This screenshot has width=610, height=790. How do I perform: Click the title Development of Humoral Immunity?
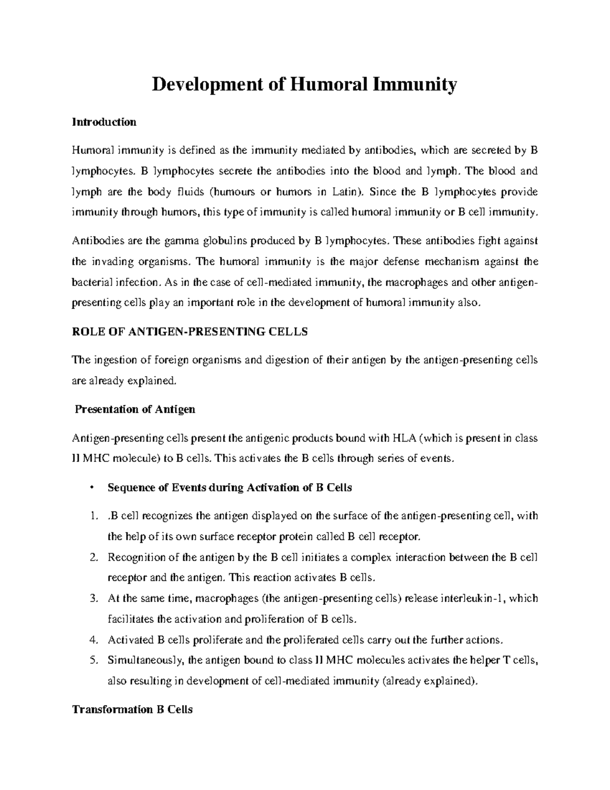pos(304,85)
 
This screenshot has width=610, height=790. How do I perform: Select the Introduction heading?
pos(104,122)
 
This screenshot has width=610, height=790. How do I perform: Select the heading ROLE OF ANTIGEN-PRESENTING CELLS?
pos(190,332)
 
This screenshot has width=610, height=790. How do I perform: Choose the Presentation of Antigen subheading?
pos(135,409)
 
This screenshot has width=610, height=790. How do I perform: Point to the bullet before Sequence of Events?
pos(90,488)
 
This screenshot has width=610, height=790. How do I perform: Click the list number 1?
pos(92,516)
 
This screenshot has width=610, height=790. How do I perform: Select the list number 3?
pos(92,599)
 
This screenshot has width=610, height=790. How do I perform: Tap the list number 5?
pos(92,661)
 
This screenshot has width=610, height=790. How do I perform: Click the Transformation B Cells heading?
pos(132,710)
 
